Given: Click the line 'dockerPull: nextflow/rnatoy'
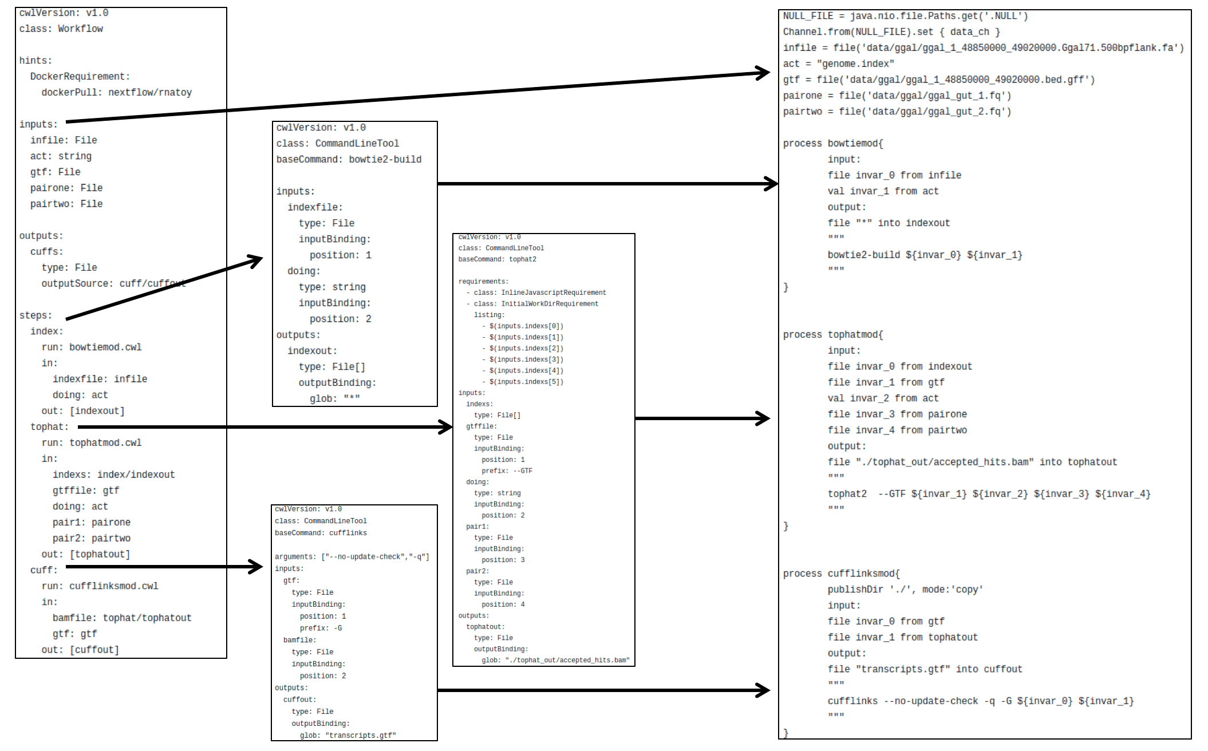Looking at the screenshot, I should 116,92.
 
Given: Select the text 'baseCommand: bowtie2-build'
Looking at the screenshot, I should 349,159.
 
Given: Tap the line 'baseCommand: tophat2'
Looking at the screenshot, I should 497,259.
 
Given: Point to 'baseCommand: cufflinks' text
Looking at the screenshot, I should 321,533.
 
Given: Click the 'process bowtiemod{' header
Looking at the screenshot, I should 833,143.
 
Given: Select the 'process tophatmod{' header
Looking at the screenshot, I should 833,334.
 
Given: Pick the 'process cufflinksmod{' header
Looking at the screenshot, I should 841,574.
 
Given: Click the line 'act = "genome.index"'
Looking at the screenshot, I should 838,64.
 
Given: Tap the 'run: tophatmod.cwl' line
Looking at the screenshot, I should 92,442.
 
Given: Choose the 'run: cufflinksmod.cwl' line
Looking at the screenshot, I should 100,586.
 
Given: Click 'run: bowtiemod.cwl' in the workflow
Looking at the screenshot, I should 92,347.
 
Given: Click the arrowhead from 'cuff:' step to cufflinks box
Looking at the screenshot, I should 255,567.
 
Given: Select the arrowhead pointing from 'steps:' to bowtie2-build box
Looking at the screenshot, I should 255,260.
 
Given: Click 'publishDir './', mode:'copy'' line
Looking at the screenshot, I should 905,590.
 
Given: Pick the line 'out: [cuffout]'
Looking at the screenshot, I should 80,650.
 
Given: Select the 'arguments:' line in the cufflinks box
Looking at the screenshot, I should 352,557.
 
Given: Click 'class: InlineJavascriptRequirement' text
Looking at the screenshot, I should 539,293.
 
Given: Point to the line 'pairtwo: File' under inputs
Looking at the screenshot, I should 66,204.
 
